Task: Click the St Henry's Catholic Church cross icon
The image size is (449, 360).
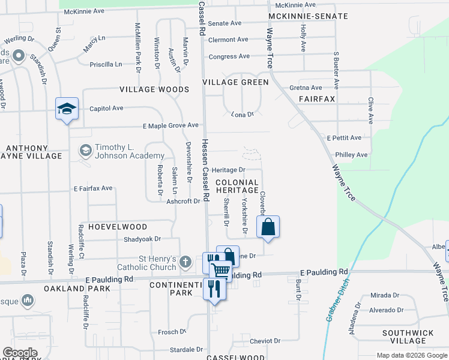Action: (x=186, y=262)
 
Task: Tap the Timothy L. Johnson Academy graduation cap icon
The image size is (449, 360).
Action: (x=85, y=149)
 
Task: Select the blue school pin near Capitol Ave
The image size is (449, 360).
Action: (x=67, y=109)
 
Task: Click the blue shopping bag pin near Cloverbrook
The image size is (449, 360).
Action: (x=268, y=227)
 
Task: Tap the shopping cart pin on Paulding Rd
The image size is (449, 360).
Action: (x=221, y=271)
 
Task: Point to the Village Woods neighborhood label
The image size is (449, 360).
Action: (x=154, y=89)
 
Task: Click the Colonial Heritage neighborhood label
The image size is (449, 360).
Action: (x=237, y=186)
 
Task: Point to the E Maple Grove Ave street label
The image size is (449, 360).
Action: (x=170, y=125)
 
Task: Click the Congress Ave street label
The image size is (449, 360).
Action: (x=229, y=57)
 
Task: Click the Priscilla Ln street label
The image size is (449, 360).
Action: (x=105, y=64)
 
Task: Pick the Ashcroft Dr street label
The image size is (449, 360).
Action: (x=183, y=202)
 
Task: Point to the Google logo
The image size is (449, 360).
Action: (x=20, y=353)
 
